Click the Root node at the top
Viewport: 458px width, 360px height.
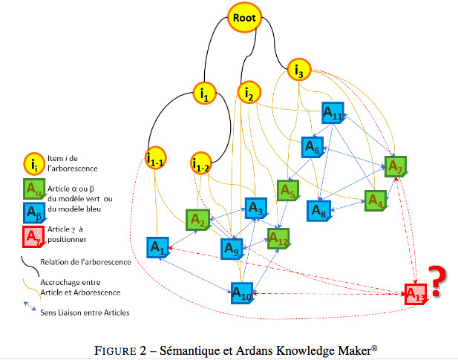[244, 18]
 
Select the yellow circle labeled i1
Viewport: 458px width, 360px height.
[204, 93]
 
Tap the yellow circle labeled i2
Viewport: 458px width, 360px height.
[249, 94]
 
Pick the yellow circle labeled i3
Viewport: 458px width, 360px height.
[298, 71]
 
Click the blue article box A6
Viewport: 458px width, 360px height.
[312, 148]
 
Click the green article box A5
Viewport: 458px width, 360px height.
[288, 191]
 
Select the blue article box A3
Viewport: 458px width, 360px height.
[255, 209]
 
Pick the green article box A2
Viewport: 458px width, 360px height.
[197, 220]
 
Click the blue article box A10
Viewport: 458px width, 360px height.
[241, 294]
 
